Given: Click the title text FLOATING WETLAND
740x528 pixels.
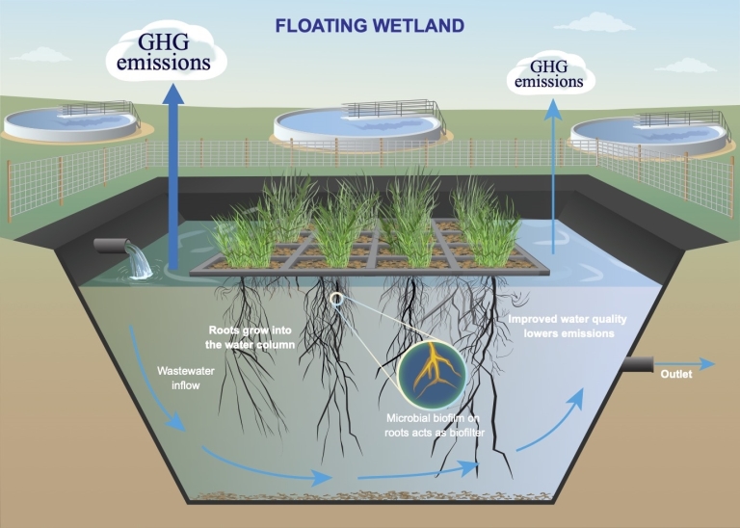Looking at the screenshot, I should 370,25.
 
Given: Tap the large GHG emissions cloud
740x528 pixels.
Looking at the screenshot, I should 174,54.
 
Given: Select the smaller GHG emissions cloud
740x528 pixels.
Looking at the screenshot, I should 549,74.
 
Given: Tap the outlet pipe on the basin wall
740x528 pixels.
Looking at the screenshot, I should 638,364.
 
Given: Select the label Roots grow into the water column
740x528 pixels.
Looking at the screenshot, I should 252,336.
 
